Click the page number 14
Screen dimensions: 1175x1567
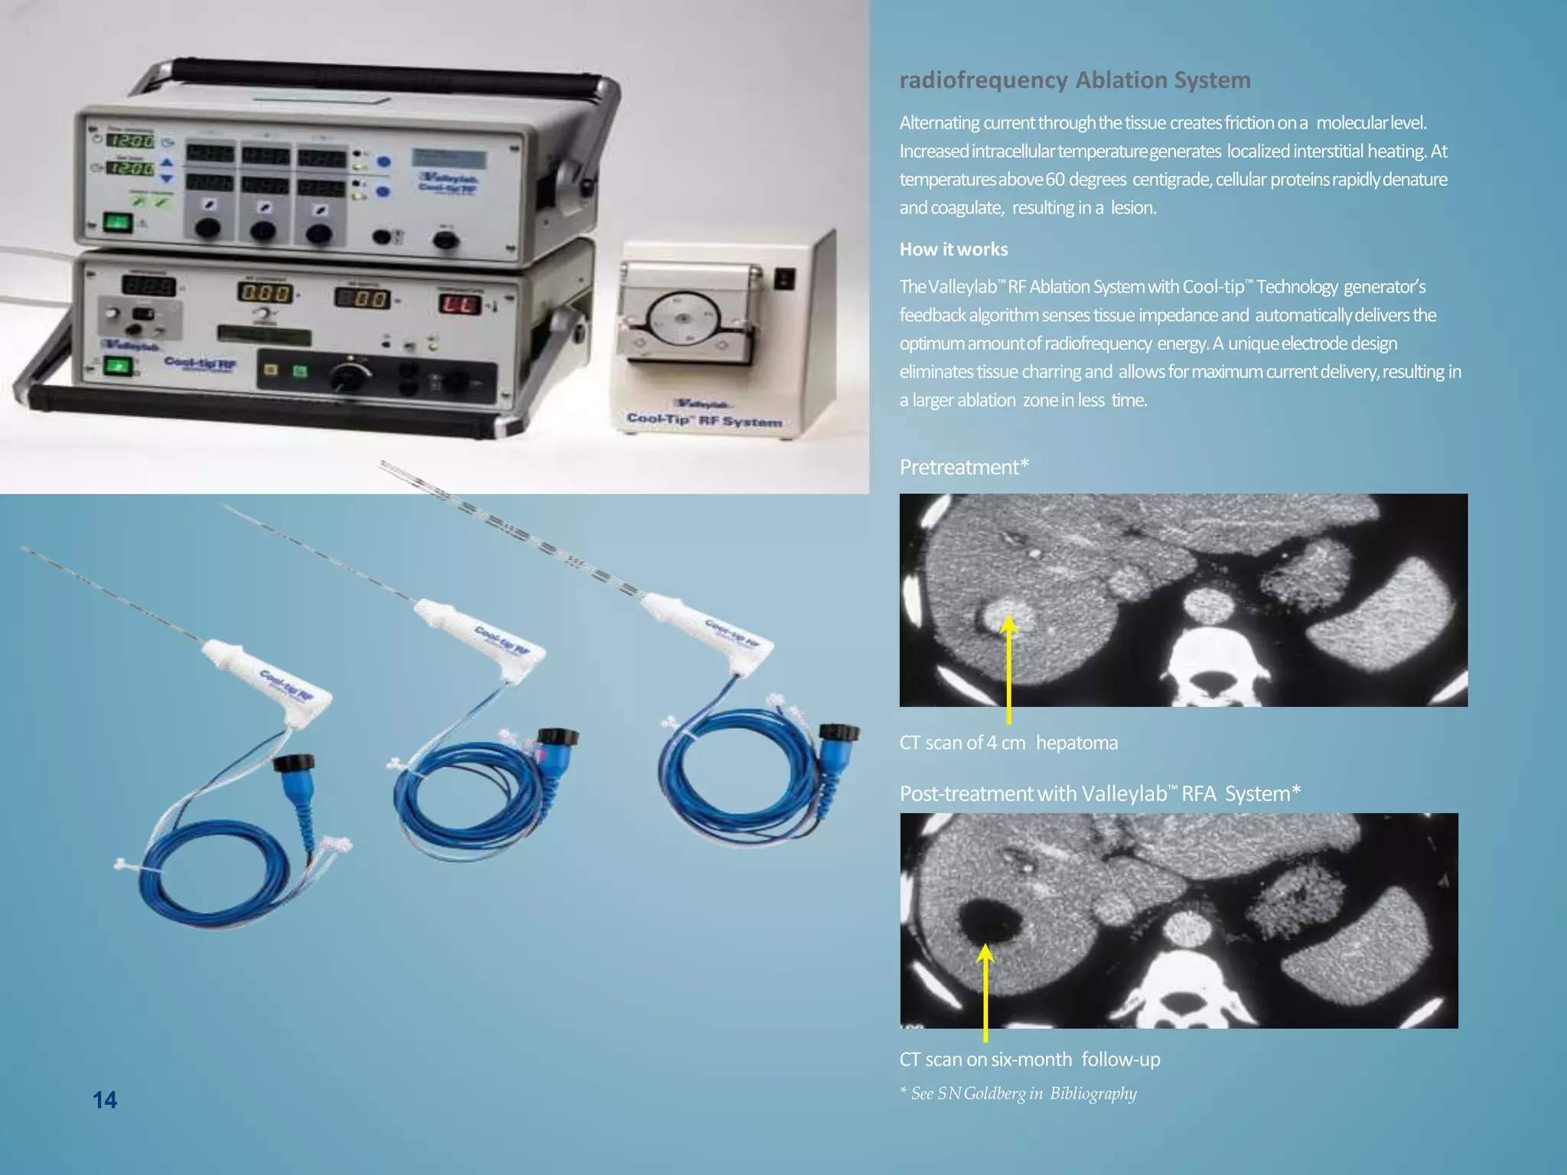point(105,1100)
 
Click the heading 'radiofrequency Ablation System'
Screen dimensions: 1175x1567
point(1074,80)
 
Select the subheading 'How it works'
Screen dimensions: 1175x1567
point(953,249)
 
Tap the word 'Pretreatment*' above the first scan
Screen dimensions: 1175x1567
point(963,467)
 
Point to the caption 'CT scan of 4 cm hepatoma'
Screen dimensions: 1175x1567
point(1008,743)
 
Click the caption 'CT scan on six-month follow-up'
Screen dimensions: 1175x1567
point(1029,1059)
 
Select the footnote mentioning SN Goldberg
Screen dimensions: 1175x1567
point(1018,1093)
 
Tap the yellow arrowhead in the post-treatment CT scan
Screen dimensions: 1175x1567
point(985,953)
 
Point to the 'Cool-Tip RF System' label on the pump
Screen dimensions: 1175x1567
point(704,420)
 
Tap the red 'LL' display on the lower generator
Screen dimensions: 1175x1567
point(459,304)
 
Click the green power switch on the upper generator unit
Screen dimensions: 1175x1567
point(117,223)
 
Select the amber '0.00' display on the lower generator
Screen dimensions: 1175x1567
point(265,293)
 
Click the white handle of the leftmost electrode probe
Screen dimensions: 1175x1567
point(268,676)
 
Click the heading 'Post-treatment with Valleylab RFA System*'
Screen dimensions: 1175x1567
point(1100,794)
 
